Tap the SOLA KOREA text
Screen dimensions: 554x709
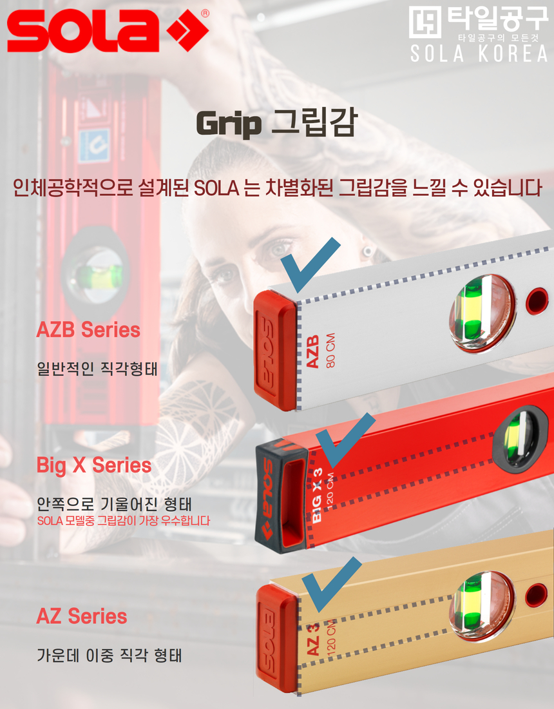(479, 54)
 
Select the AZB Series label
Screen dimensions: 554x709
(88, 330)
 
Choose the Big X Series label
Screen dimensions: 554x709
(94, 465)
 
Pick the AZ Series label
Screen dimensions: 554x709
(82, 616)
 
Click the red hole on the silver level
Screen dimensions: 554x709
(536, 300)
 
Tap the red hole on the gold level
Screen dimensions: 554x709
(535, 595)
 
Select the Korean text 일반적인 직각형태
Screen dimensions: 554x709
(97, 370)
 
